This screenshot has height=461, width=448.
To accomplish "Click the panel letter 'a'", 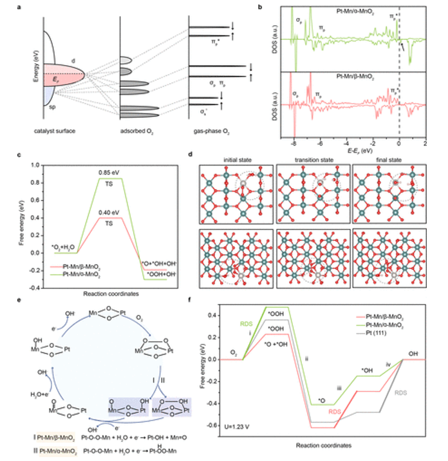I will [26, 8].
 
